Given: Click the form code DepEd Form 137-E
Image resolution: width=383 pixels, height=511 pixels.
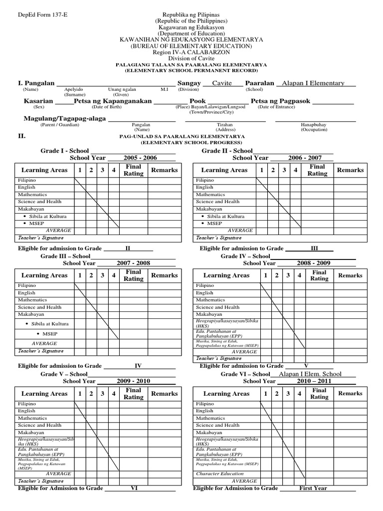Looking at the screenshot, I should pos(36,15).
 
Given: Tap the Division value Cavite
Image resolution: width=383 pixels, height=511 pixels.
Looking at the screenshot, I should pos(222,83).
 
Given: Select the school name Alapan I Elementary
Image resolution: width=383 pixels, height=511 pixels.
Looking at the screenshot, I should pos(313,83).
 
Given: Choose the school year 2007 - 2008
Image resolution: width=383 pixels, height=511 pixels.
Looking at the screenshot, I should pos(133,263).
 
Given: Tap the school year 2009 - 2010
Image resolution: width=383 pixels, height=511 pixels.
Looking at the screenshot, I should pos(133,381).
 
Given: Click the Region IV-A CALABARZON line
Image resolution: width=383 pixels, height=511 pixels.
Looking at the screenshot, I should pos(191,52).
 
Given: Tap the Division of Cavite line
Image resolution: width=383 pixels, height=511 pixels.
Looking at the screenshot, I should pos(191,58).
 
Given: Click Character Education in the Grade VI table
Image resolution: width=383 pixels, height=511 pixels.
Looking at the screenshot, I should pos(220,474).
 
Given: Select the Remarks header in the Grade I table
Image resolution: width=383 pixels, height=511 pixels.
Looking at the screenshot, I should pos(164,170).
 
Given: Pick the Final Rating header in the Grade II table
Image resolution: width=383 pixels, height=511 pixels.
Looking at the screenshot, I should pos(317,170).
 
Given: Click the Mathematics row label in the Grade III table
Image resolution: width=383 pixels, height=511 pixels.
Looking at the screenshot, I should pos(32,300).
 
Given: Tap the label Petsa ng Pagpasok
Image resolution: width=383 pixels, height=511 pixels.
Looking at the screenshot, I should pos(280,101).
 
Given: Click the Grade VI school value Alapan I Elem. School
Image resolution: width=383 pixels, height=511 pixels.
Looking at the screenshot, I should pos(310,374).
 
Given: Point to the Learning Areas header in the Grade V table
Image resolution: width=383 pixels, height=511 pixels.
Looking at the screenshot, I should pos(44,394).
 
